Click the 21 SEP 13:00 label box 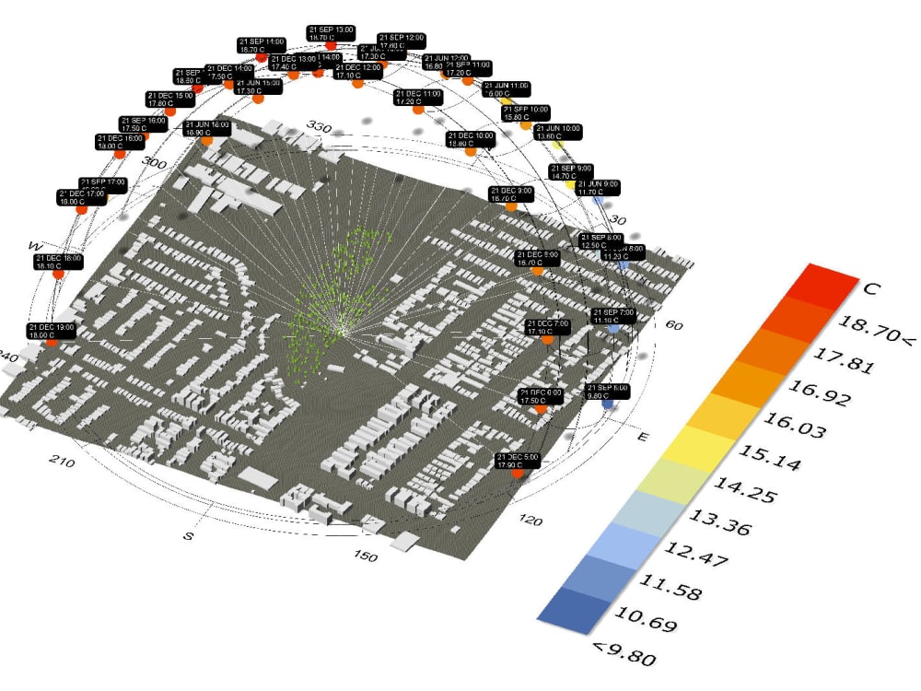click(x=332, y=34)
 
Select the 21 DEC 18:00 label click(x=59, y=263)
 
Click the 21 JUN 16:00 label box click(x=206, y=128)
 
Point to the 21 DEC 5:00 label click(x=519, y=461)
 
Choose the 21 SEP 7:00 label click(x=613, y=316)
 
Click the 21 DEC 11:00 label click(x=419, y=98)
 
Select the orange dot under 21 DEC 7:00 click(x=548, y=340)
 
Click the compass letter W click(x=35, y=246)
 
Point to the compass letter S click(x=188, y=535)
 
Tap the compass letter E click(x=642, y=436)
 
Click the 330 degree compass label click(x=319, y=126)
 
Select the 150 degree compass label click(x=367, y=556)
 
